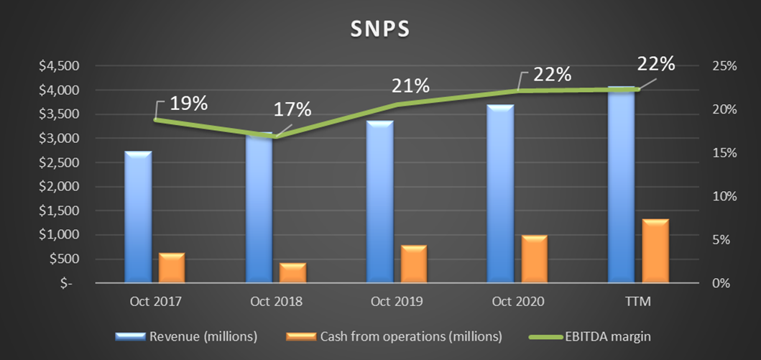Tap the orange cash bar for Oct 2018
point(292,273)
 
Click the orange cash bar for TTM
point(655,251)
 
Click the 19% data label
point(189,103)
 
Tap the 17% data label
point(293,110)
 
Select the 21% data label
point(410,86)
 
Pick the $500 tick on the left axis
point(65,259)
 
